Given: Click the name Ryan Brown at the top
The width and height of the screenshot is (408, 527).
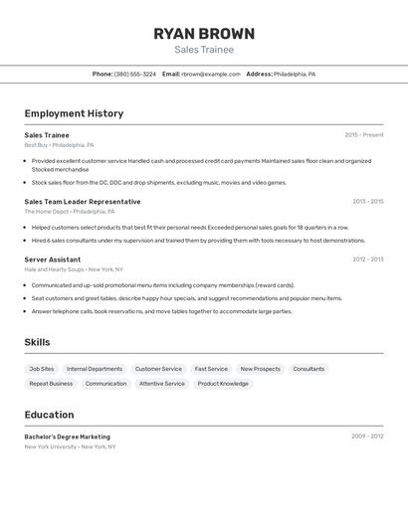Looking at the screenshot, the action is (x=204, y=34).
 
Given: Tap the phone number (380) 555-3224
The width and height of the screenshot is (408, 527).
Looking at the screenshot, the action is (x=134, y=74).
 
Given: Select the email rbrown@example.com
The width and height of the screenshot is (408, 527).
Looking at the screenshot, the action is (x=211, y=74).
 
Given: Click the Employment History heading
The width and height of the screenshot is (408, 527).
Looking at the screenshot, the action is (x=74, y=113).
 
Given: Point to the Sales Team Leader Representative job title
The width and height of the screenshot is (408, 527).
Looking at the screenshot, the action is (x=83, y=202).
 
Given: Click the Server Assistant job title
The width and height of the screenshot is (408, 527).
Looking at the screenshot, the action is (x=53, y=260).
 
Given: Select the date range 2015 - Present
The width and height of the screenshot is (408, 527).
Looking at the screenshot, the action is (x=364, y=135).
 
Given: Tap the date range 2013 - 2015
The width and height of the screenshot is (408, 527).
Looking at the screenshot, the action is (x=367, y=202).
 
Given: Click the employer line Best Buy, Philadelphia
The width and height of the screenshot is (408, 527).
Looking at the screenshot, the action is (x=59, y=145).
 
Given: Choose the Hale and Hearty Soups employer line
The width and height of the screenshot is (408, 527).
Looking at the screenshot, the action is (x=74, y=269).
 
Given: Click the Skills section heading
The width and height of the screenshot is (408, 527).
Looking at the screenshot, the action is (x=38, y=342).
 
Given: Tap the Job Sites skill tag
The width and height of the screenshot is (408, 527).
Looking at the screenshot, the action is (x=42, y=369).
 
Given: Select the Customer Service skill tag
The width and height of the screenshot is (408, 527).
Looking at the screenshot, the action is (x=158, y=369).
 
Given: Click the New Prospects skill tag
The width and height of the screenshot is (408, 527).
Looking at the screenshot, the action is (x=260, y=369).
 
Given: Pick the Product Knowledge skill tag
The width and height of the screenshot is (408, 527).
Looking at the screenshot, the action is (x=223, y=383).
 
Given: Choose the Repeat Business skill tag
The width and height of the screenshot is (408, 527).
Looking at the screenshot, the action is (x=51, y=383).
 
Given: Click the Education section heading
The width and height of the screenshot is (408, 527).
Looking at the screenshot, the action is (x=49, y=415).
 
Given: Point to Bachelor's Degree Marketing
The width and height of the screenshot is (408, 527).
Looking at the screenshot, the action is (x=68, y=437).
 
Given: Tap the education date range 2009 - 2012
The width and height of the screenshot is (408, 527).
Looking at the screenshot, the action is (x=367, y=437).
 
